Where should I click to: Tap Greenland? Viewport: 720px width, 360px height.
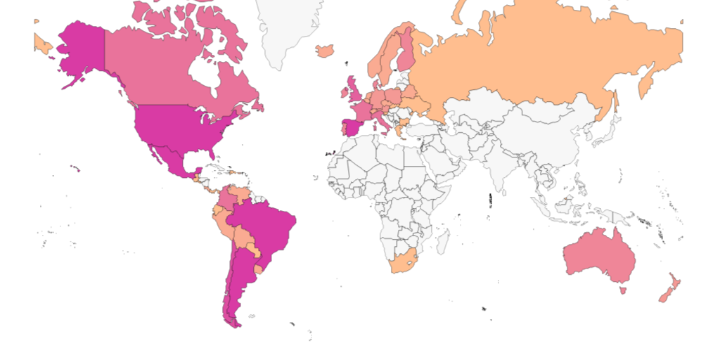click(288, 28)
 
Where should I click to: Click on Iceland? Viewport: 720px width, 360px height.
click(325, 51)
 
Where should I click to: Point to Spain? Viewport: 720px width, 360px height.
click(349, 129)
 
